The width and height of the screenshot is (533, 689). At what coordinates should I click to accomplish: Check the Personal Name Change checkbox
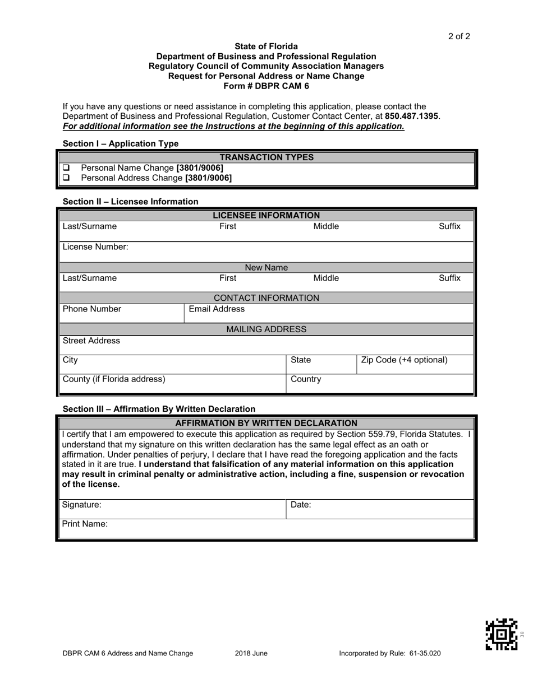[66, 168]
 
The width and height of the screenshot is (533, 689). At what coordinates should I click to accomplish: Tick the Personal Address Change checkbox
[66, 178]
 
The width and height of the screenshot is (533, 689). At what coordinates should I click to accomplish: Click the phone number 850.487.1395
[412, 116]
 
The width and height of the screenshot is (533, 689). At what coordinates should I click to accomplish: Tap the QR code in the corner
[501, 634]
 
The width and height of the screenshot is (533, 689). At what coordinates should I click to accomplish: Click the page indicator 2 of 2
[459, 37]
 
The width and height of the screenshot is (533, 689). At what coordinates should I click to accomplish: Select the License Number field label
[95, 246]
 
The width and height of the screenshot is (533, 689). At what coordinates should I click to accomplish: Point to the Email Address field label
[217, 309]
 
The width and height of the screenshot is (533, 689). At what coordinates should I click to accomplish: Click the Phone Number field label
[91, 309]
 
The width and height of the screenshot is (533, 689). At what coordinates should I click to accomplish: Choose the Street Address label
[91, 341]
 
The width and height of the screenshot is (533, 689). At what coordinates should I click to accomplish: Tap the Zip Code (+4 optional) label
[404, 360]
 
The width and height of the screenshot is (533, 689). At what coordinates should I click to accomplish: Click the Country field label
[306, 379]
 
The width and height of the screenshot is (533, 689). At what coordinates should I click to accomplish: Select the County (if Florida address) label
[114, 379]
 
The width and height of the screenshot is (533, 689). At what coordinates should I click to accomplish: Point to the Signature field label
[81, 505]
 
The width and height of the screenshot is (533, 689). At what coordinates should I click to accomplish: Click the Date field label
[301, 505]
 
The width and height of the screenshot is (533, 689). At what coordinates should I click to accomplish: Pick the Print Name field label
[85, 524]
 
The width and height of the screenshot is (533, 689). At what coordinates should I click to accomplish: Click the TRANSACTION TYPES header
[266, 157]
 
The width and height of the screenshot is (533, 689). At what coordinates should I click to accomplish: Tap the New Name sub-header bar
[266, 268]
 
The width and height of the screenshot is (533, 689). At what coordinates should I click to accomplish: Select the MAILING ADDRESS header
[266, 329]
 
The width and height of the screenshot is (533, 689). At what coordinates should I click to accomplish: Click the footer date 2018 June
[251, 653]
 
